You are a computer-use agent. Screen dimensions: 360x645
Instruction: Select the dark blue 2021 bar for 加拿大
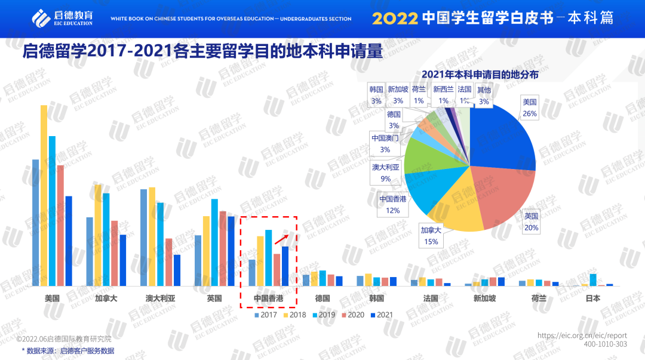pos(122,260)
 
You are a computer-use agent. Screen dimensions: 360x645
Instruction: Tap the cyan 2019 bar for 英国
pos(214,242)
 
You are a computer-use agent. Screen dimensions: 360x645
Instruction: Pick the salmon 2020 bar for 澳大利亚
pos(168,262)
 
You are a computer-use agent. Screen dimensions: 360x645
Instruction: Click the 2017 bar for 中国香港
pos(252,273)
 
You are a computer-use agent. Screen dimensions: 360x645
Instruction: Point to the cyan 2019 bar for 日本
pos(593,280)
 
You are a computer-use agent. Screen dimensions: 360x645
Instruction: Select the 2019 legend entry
pos(324,315)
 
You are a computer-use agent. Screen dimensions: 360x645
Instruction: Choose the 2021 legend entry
pos(382,315)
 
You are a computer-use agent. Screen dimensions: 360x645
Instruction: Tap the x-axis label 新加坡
pos(484,299)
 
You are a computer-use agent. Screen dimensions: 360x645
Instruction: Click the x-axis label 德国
pos(322,299)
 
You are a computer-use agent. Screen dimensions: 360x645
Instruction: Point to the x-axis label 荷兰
pos(539,299)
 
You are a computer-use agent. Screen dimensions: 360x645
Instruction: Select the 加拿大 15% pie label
pos(430,236)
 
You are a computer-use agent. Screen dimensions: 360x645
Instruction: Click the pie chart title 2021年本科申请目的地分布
pos(480,75)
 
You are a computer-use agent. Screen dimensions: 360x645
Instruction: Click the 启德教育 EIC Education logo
pos(63,17)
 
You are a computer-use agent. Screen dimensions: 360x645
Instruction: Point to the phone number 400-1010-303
pos(605,344)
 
